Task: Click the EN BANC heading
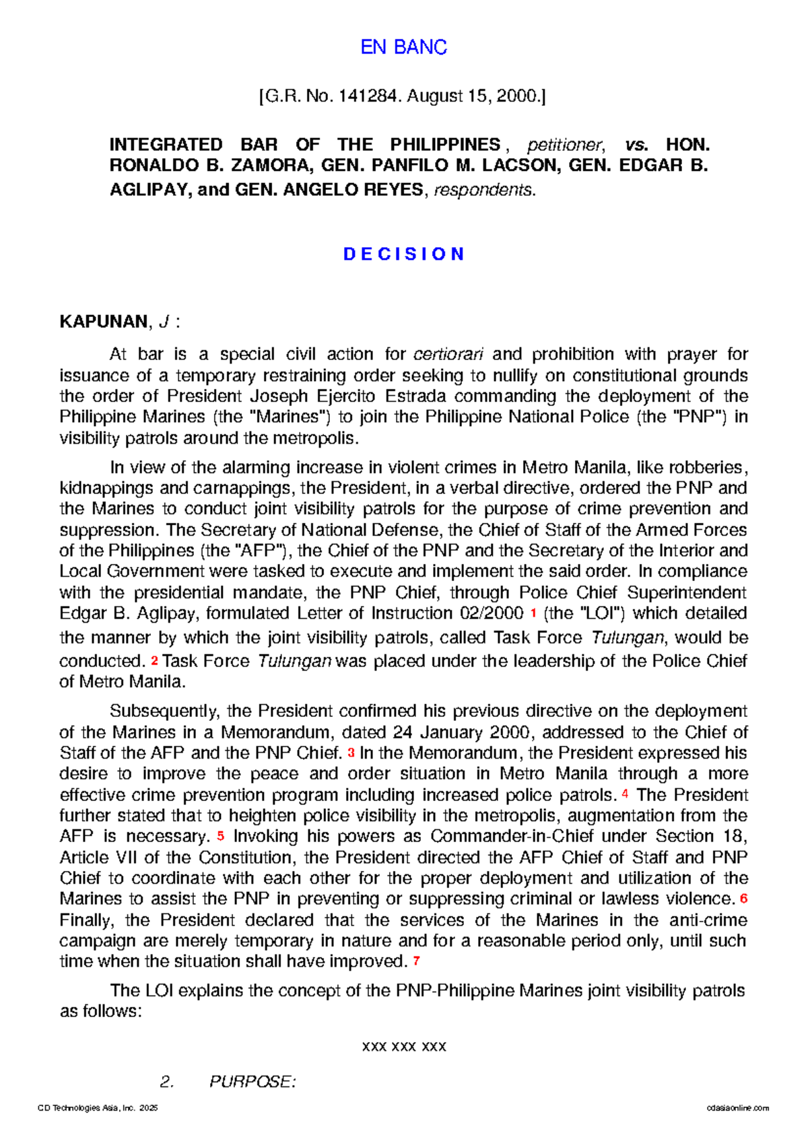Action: [x=403, y=47]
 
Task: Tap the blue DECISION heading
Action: [x=403, y=254]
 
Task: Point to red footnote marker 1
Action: [x=533, y=614]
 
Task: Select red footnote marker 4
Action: [x=626, y=795]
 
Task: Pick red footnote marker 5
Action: [x=220, y=837]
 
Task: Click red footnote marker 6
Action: [x=743, y=899]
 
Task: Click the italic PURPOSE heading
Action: [x=252, y=1082]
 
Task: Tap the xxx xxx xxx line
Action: [x=404, y=1047]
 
